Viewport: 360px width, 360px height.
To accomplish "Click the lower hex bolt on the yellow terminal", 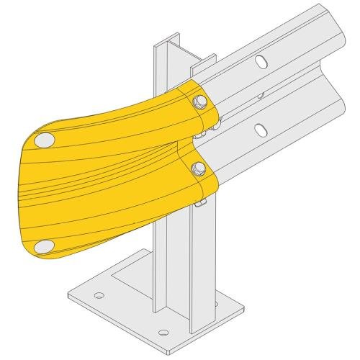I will tap(199, 169).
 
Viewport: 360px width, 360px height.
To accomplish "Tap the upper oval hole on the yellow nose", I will tap(44, 138).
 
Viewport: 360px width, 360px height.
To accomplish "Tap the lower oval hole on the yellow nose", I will tap(44, 246).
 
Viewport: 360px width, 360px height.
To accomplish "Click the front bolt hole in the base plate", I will tap(163, 333).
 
